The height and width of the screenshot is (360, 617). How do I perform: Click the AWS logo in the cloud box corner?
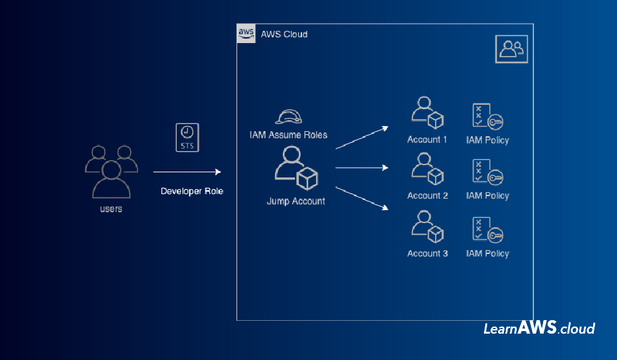(x=246, y=33)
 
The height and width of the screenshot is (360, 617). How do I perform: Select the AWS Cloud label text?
(x=284, y=34)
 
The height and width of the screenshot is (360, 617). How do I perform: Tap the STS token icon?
(x=187, y=138)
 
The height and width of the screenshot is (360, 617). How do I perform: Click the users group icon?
(x=111, y=172)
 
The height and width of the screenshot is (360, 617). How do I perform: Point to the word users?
(x=111, y=209)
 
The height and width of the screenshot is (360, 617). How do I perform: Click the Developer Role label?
(x=192, y=191)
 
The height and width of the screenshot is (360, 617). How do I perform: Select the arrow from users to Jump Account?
(x=186, y=172)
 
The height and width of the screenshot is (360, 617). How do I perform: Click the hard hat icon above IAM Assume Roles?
(x=289, y=116)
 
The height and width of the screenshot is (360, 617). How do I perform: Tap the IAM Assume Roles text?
(x=289, y=135)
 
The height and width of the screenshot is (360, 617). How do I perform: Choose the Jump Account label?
(x=296, y=201)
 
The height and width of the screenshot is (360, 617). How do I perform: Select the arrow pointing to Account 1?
(x=362, y=138)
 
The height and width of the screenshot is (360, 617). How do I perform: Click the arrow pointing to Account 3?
(x=362, y=198)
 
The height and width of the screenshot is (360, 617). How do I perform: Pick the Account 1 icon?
(x=427, y=114)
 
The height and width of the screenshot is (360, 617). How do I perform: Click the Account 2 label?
(x=427, y=195)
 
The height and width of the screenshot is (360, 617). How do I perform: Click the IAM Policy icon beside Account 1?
(x=487, y=116)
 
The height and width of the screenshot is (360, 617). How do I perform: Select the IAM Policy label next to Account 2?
(x=487, y=195)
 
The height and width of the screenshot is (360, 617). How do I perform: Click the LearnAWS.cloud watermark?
(x=539, y=328)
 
